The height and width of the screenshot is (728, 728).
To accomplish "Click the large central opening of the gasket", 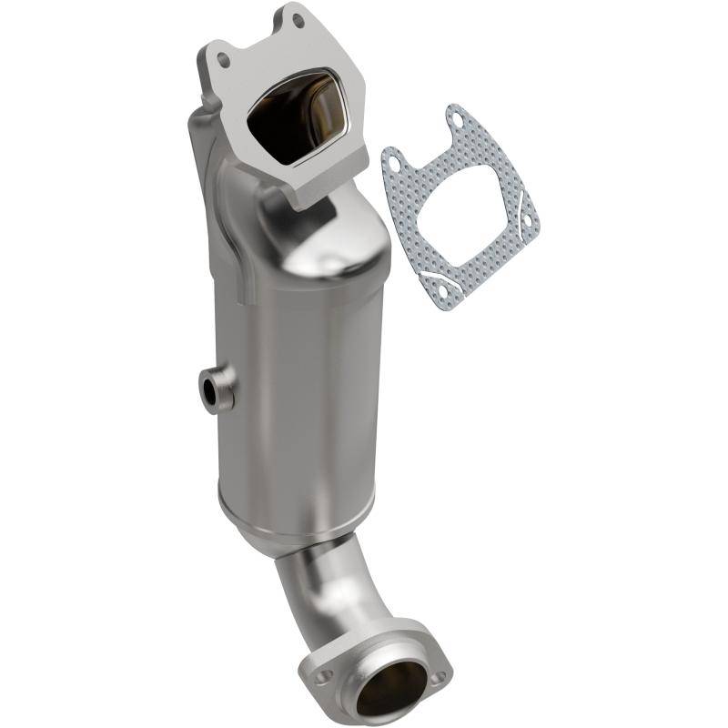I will click(x=456, y=205).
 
